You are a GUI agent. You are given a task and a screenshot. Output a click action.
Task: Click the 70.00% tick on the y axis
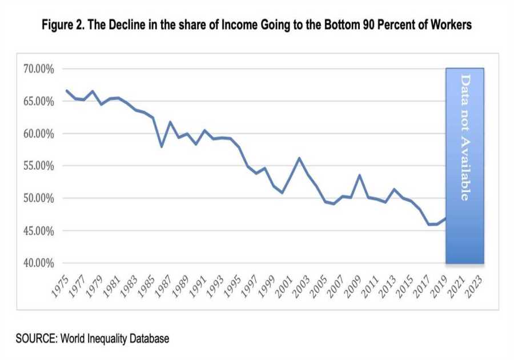coord(38,69)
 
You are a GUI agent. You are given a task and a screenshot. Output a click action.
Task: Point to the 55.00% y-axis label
coord(38,166)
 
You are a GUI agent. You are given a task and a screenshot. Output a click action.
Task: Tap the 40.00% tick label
coord(38,263)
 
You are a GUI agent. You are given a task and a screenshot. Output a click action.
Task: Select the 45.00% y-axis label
coord(38,231)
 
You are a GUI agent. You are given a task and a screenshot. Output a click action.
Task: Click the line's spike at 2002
coord(299,158)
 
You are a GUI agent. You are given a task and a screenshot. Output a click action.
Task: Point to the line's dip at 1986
coord(162,147)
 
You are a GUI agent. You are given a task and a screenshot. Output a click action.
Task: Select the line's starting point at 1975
coord(67,90)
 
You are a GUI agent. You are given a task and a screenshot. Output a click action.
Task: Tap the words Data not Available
coord(465,137)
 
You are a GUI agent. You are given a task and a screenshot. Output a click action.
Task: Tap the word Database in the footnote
coord(147,339)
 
